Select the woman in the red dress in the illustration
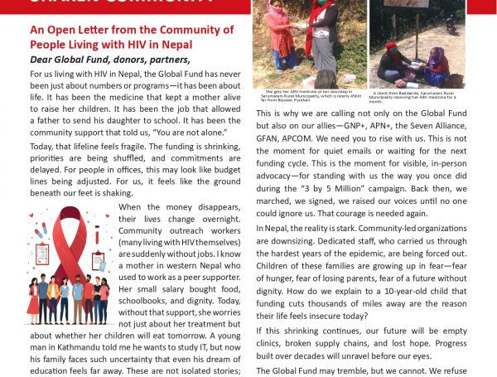coord(33,301)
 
